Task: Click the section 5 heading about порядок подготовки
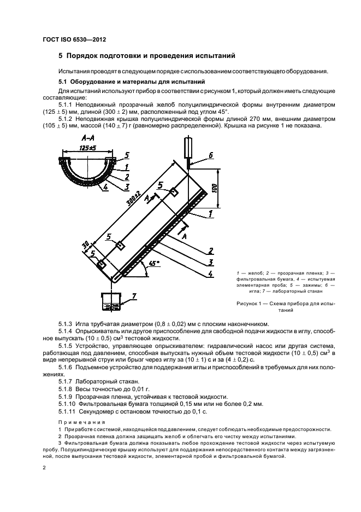146,56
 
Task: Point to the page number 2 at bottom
44,468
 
